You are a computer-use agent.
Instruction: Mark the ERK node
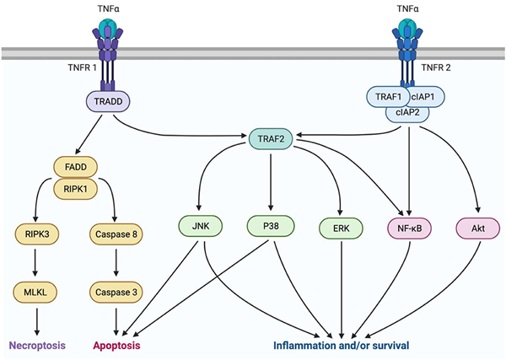pos(342,226)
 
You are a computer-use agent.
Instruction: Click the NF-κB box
pos(409,226)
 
